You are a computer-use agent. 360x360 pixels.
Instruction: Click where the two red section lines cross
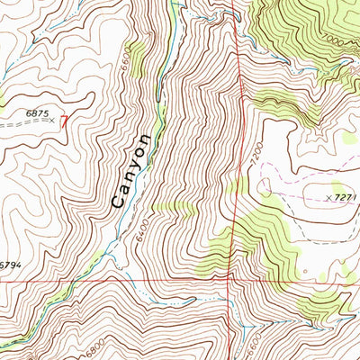point(236,279)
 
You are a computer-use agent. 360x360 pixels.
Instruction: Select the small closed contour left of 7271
point(265,186)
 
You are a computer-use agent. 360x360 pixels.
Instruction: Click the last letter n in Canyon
point(142,141)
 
